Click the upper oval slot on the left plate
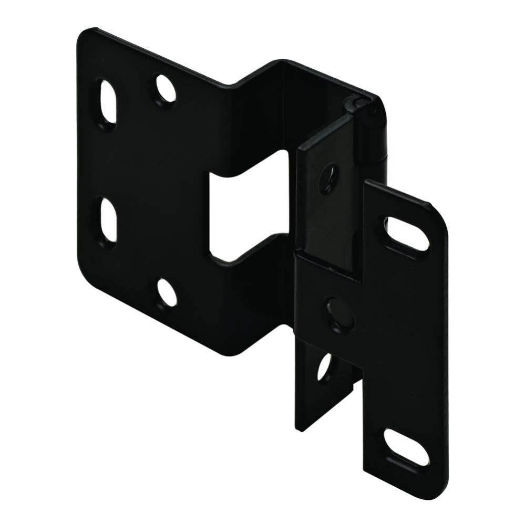[107, 101]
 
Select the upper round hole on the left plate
[166, 89]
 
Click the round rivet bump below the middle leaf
[338, 314]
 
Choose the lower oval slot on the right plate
[406, 446]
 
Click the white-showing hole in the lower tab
[324, 367]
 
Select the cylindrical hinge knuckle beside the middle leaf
[375, 131]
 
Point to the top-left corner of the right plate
[368, 184]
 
